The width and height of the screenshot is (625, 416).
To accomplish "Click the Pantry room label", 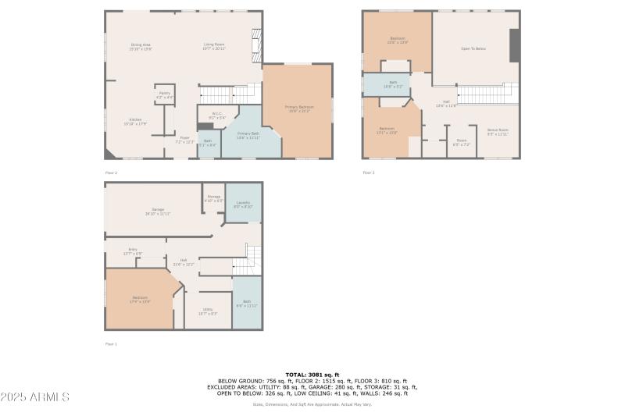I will tap(165, 94).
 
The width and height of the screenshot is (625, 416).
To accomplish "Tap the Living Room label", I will tap(215, 47).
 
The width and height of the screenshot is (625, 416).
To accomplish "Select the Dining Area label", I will tap(141, 47).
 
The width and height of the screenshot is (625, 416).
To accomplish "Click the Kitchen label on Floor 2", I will tap(135, 122).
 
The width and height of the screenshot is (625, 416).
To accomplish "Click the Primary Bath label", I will tap(248, 136).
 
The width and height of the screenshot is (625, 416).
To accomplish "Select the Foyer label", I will tap(184, 140).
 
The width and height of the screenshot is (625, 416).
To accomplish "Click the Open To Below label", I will tap(473, 48).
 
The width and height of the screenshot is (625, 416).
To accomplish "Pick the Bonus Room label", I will tap(498, 131).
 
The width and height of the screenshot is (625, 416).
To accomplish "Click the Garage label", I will tap(158, 211).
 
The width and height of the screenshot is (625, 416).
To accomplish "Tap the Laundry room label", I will tap(242, 204).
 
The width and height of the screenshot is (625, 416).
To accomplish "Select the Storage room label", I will tap(213, 198).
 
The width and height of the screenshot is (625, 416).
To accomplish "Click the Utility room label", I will tap(208, 311).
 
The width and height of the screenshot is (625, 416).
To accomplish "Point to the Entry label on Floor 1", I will tap(132, 251).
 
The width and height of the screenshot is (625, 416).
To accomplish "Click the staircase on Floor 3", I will tap(487, 94).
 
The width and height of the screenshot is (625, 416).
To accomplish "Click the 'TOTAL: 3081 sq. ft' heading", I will tap(312, 374).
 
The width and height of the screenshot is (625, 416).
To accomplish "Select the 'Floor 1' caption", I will tap(111, 343).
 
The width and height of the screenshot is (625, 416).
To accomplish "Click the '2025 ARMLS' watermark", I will tap(35, 397).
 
